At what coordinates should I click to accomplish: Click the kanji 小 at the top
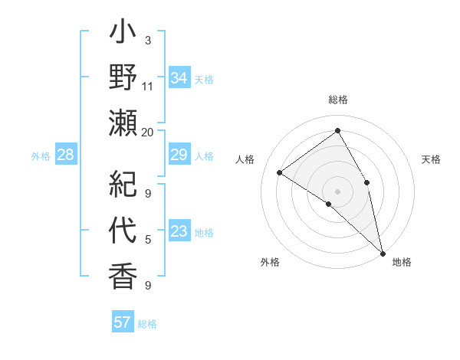(x=123, y=35)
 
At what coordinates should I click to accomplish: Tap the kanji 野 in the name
(x=123, y=79)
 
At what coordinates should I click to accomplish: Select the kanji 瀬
(x=123, y=122)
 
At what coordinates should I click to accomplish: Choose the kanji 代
(x=123, y=231)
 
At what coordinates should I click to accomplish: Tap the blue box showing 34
(x=179, y=78)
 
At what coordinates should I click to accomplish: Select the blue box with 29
(x=179, y=155)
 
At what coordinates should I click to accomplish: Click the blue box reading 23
(x=179, y=232)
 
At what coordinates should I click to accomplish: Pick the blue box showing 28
(x=66, y=155)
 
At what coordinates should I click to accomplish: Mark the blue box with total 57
(x=122, y=322)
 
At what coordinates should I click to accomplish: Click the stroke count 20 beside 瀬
(x=148, y=132)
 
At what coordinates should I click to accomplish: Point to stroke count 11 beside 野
(x=148, y=86)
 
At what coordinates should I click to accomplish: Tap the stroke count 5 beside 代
(x=148, y=240)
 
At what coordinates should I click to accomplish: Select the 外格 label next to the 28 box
(x=41, y=156)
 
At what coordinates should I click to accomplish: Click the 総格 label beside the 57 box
(x=147, y=324)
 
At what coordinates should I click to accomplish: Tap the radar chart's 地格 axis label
(x=402, y=262)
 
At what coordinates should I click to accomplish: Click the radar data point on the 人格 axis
(x=280, y=172)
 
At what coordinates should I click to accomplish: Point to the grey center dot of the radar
(x=337, y=190)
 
